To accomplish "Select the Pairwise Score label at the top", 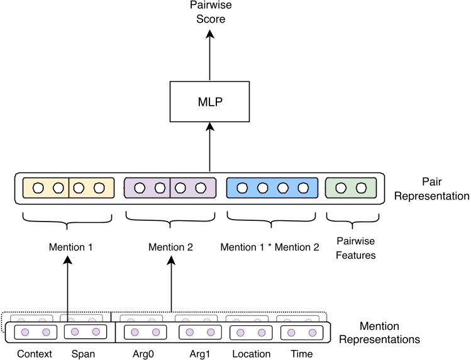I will pos(210,13).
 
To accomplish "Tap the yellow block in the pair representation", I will pos(67,188).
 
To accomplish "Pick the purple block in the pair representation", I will pos(170,188).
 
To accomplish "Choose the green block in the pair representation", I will pos(350,188).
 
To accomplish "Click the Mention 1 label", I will pos(70,247).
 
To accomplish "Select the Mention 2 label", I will pos(170,247).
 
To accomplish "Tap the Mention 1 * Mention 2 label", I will pos(269,247).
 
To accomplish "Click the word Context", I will pos(34,354).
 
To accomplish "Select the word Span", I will pos(83,354).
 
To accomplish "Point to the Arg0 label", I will pos(143,354).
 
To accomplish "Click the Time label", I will pos(302,354).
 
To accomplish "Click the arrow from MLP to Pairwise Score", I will pos(210,57).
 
